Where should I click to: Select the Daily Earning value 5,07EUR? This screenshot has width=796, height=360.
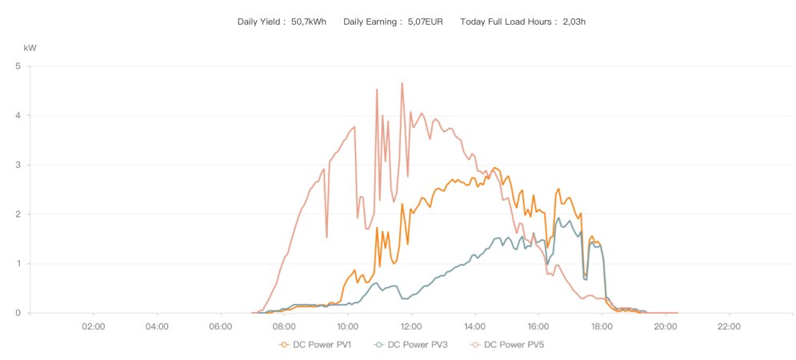pos(426,22)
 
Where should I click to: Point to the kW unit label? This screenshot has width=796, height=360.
pos(30,48)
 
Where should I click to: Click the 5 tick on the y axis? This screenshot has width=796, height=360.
pos(18,66)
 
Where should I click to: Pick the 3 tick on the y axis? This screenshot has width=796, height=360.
pos(18,165)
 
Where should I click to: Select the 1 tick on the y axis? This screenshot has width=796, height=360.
pos(18,263)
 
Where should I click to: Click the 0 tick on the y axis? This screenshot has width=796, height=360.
pos(18,313)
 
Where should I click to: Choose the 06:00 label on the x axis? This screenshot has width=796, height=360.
pos(221,326)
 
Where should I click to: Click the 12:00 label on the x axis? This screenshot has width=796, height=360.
pos(411,326)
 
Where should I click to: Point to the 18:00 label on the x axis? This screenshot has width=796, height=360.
pos(602,326)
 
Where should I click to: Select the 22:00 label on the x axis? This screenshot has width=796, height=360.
pos(729,326)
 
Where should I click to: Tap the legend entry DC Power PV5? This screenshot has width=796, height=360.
pos(510,345)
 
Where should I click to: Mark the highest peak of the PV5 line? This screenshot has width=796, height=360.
pos(402,83)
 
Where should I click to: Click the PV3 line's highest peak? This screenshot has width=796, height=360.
pos(558,218)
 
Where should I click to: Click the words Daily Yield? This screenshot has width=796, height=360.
pos(259,22)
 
